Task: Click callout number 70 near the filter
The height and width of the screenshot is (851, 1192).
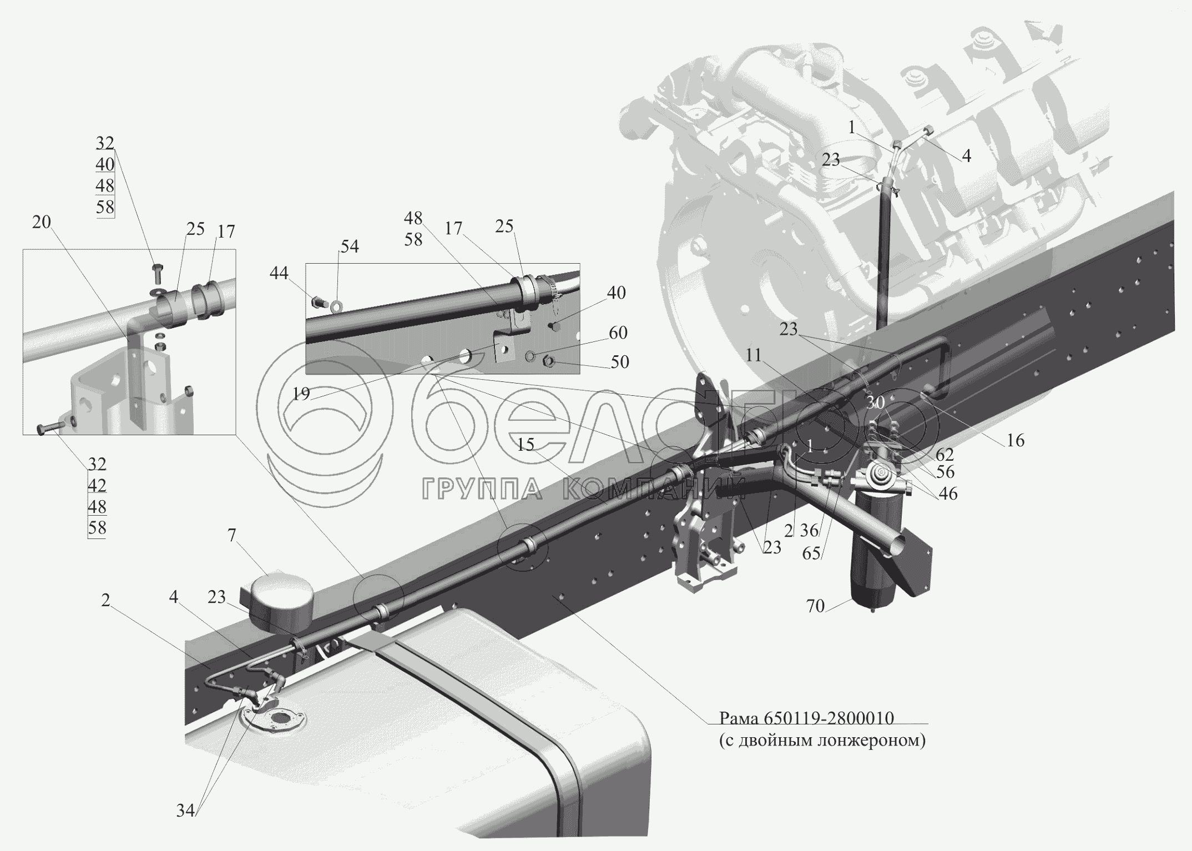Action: point(815,606)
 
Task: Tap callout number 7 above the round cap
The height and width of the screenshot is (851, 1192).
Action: point(231,536)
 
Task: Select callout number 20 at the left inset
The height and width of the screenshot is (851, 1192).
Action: point(42,222)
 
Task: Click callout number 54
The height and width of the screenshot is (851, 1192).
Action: point(350,246)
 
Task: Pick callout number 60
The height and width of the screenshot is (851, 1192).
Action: point(618,333)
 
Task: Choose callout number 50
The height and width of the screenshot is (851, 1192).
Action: point(619,362)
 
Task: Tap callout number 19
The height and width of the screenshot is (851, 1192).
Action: point(301,394)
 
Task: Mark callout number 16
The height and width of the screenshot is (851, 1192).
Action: point(1016,440)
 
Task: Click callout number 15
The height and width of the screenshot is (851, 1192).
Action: point(526,444)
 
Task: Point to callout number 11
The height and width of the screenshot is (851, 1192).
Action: point(753,355)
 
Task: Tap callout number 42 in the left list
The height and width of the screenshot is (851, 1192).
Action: point(97,485)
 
